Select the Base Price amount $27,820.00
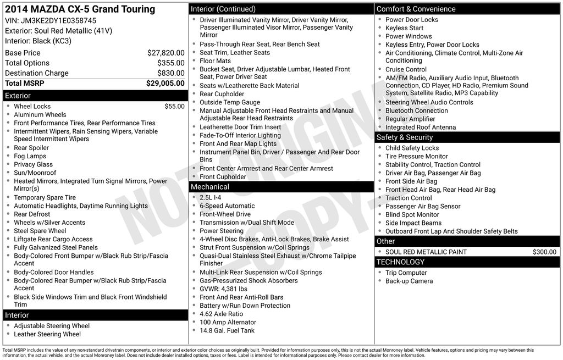[165, 53]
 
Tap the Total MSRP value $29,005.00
[165, 84]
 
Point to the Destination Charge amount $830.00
[170, 73]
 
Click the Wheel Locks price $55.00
[174, 107]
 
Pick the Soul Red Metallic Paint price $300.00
[544, 252]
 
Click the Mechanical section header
[210, 187]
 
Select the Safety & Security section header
[405, 137]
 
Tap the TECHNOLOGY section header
[401, 262]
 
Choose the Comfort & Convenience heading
[416, 9]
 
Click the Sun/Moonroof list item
[35, 173]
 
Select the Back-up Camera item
[409, 281]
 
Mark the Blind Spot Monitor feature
[412, 215]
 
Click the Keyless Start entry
[404, 28]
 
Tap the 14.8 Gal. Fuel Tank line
[227, 331]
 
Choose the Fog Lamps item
[30, 156]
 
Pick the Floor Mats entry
[215, 61]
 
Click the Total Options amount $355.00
[170, 63]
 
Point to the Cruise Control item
[406, 70]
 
